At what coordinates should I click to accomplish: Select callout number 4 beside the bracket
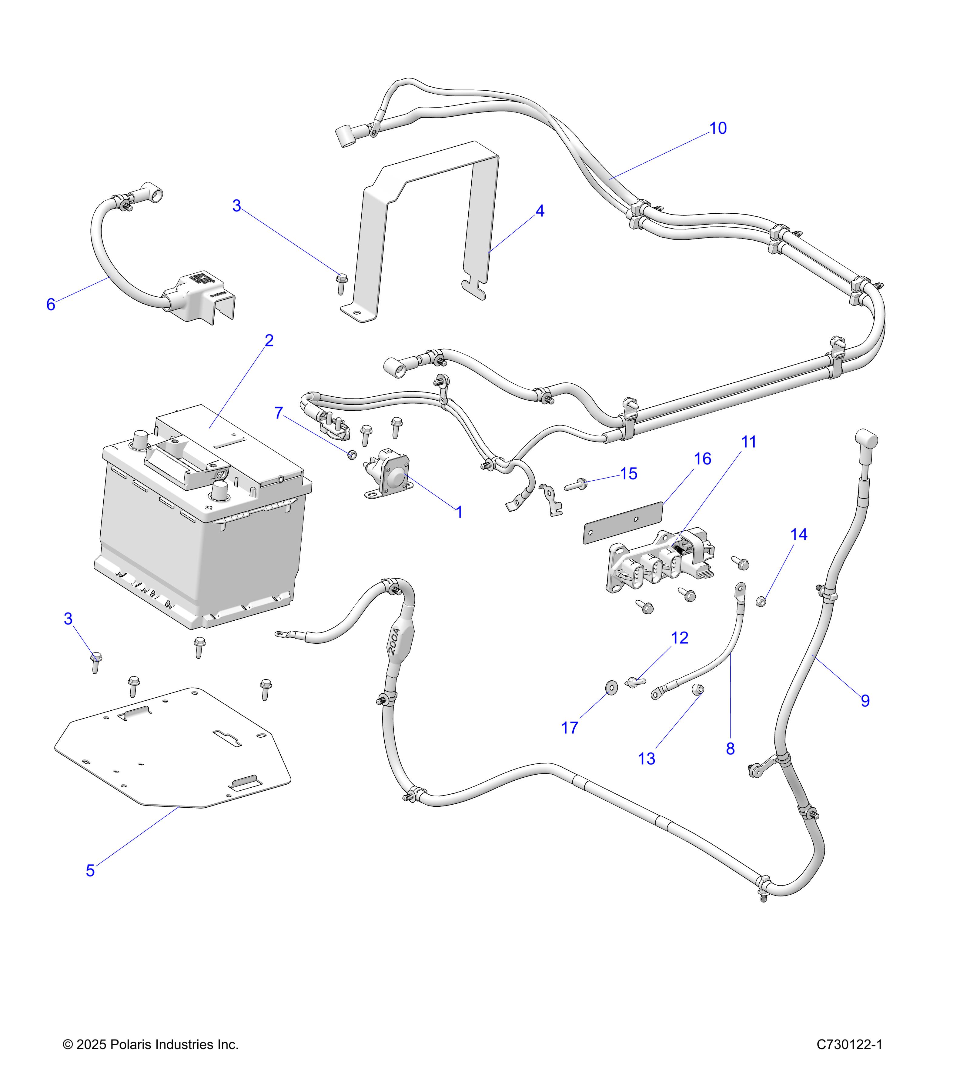coord(540,211)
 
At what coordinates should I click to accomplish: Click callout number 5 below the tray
coord(90,871)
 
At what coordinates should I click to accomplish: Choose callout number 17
coord(570,728)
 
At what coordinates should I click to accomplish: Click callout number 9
coord(865,701)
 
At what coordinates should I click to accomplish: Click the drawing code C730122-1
coord(849,1045)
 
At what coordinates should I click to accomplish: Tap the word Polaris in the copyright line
coord(128,1045)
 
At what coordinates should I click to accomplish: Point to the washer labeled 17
coord(610,686)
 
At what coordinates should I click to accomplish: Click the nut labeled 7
coord(352,454)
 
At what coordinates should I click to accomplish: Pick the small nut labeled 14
coord(762,602)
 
